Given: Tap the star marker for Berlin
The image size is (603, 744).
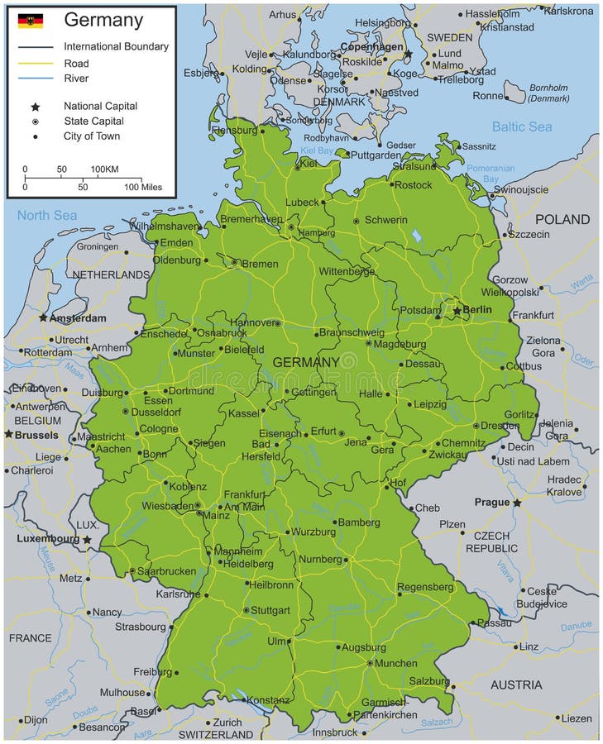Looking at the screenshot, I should coord(456,311).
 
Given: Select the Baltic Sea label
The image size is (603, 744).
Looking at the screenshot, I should coord(521,126).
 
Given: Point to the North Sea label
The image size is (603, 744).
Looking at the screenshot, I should coord(47,216).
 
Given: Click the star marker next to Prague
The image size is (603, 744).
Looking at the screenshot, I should coord(517,503).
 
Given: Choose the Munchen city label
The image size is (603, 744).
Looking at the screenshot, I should coord(395,663).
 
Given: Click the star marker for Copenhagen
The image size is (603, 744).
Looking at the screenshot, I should coord(407,54).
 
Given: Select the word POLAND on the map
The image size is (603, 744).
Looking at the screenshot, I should coord(562,219).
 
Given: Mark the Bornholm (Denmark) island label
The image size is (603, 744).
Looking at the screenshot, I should coord(548,93).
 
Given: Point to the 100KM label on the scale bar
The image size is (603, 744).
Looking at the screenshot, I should coord(104,169).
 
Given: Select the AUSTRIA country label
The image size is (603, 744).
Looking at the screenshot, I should coord(516,684).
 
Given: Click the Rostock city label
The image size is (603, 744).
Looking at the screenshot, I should coord(413,185).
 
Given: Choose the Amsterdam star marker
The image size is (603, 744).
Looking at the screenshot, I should coord(43,317).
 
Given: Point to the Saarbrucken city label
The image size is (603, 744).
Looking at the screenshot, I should coord(167,570).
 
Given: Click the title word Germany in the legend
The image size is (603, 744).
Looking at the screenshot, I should coord(103,21).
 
